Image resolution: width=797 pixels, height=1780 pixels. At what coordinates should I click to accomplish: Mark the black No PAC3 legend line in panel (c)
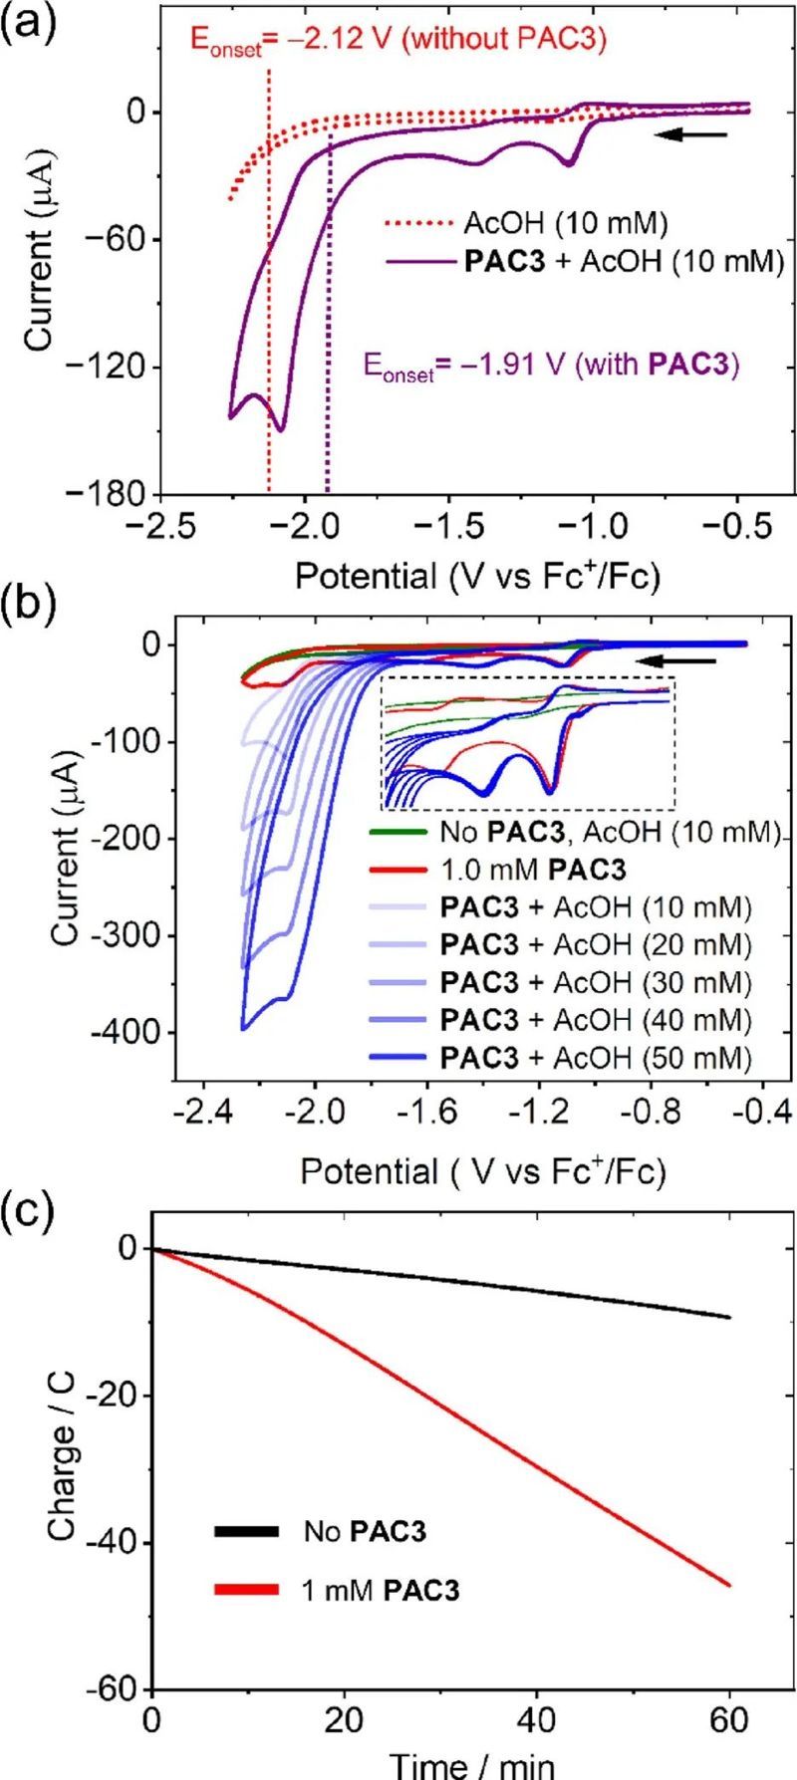245,1530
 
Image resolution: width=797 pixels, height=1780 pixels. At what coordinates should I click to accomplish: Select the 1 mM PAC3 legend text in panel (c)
381,1590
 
